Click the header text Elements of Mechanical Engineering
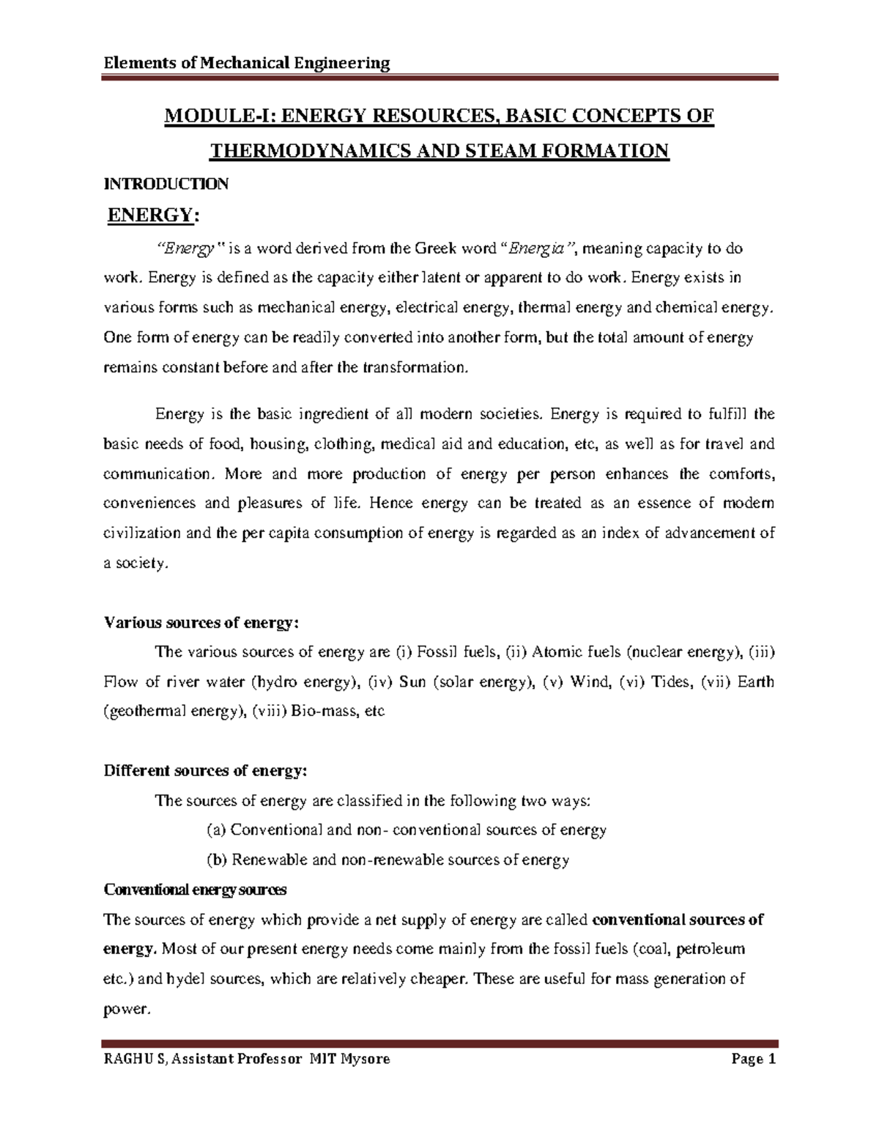pos(246,63)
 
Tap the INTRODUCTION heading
pos(166,184)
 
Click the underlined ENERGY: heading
pos(153,215)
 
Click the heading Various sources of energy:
pos(201,623)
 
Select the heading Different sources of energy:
pos(206,771)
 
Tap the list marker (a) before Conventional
pos(217,830)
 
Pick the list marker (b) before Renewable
pos(217,860)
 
